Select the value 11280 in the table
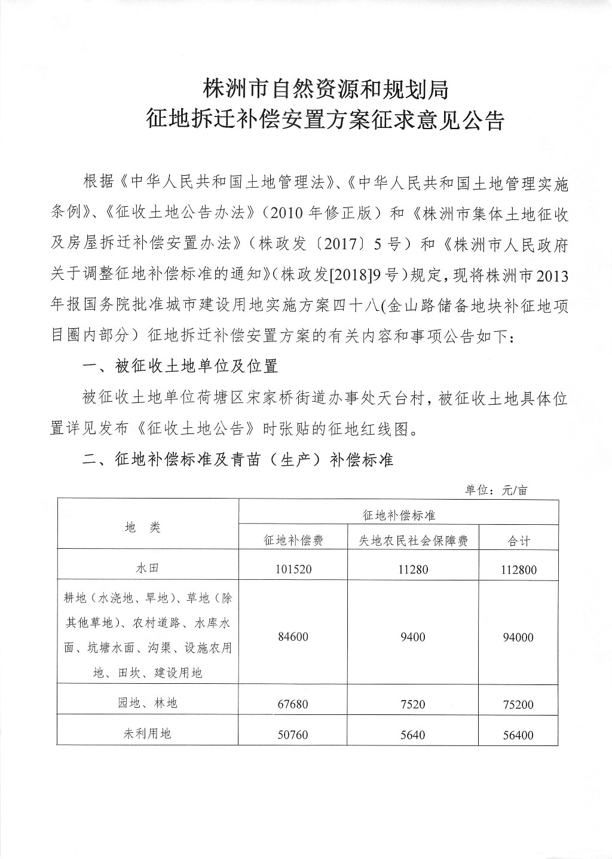[x=412, y=569]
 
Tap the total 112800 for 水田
[x=518, y=570]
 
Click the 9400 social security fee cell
[x=412, y=637]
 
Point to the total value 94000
[x=518, y=637]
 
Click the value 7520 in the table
[x=412, y=704]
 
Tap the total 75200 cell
[x=518, y=704]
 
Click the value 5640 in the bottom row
[x=412, y=734]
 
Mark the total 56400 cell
[x=518, y=735]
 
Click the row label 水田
[x=147, y=568]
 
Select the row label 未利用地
[x=147, y=733]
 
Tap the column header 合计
[x=518, y=540]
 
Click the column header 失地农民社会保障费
[x=412, y=540]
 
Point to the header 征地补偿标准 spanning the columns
[x=399, y=514]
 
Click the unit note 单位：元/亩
[x=497, y=490]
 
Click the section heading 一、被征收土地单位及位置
[x=180, y=366]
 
